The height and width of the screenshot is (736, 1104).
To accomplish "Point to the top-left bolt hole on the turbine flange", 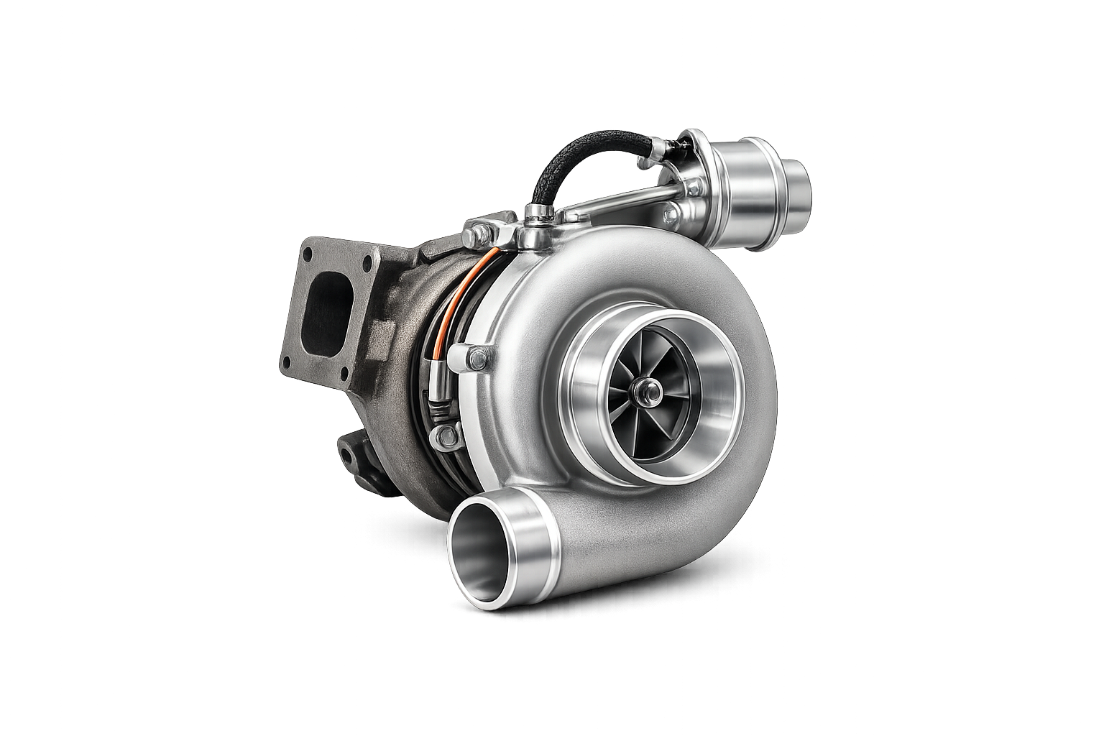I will (x=308, y=254).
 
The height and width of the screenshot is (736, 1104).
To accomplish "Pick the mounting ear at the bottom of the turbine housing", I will (x=352, y=453).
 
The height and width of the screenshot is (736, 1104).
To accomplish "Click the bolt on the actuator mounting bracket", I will (x=670, y=213).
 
